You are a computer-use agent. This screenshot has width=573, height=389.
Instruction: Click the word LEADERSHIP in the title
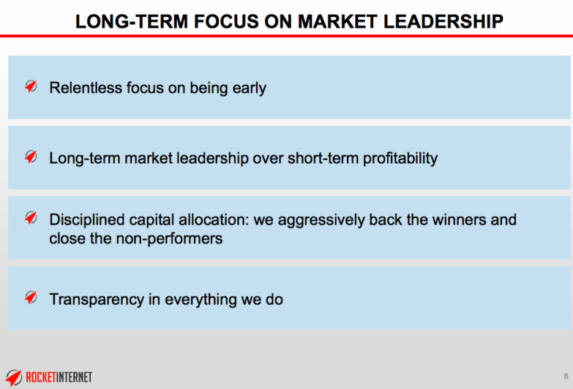[443, 21]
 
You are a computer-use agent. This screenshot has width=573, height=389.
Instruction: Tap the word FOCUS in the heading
[226, 21]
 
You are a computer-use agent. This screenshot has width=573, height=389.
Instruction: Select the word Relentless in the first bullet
[86, 88]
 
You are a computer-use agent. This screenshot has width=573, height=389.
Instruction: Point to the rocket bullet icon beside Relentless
[31, 86]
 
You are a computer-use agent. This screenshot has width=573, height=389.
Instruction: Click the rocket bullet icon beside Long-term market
[31, 156]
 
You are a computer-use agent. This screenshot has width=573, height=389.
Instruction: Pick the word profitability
[400, 159]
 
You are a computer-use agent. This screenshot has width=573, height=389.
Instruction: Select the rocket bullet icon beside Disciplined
[31, 218]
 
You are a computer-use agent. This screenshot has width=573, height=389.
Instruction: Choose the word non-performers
[169, 239]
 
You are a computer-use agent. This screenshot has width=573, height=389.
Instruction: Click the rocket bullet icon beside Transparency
[31, 298]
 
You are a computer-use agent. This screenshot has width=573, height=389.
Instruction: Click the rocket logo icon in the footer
[13, 377]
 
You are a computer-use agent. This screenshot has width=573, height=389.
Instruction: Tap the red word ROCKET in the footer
[41, 377]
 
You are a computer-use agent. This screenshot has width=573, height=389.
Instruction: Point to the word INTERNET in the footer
[74, 377]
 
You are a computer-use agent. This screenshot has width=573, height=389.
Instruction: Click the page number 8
[566, 377]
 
